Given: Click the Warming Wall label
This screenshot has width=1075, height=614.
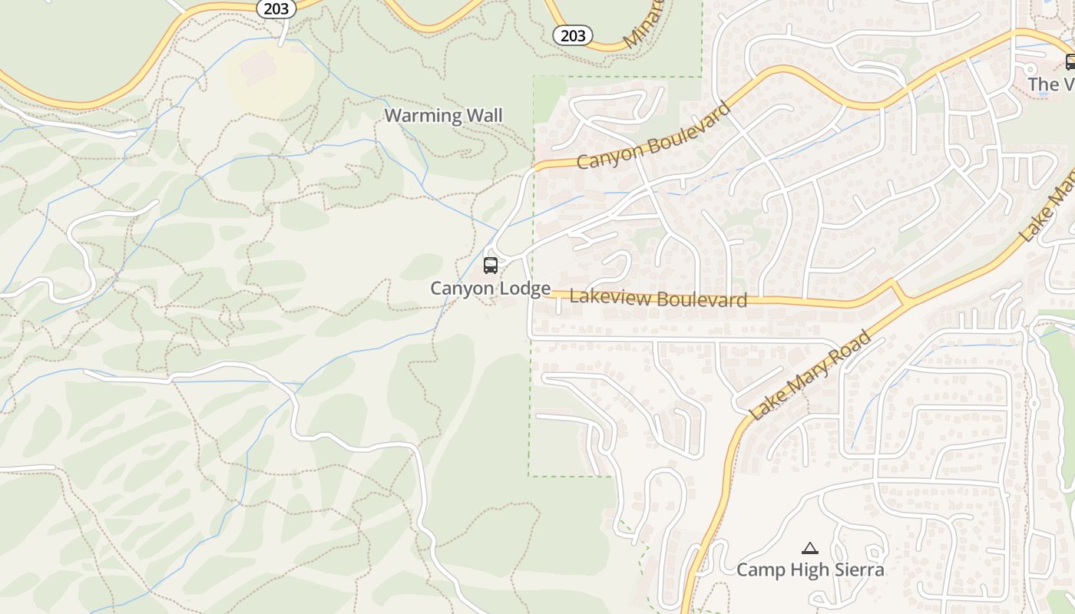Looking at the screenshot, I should (x=443, y=116).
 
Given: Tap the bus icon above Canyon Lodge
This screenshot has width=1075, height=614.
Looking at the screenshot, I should (x=490, y=266).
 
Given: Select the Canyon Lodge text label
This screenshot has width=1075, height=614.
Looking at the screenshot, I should (x=490, y=289).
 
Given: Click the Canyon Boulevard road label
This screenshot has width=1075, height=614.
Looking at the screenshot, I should (x=653, y=136).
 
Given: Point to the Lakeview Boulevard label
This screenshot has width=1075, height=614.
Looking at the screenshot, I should (x=658, y=299).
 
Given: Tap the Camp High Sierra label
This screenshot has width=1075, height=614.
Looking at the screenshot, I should (x=810, y=569).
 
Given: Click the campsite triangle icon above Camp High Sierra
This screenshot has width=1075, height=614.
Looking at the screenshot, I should (x=809, y=548).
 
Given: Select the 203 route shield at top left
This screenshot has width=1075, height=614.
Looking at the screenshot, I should (x=276, y=8).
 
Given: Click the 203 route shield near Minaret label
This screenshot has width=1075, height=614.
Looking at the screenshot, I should (x=573, y=35).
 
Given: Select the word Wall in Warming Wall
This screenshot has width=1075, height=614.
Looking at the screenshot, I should (x=486, y=116).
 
